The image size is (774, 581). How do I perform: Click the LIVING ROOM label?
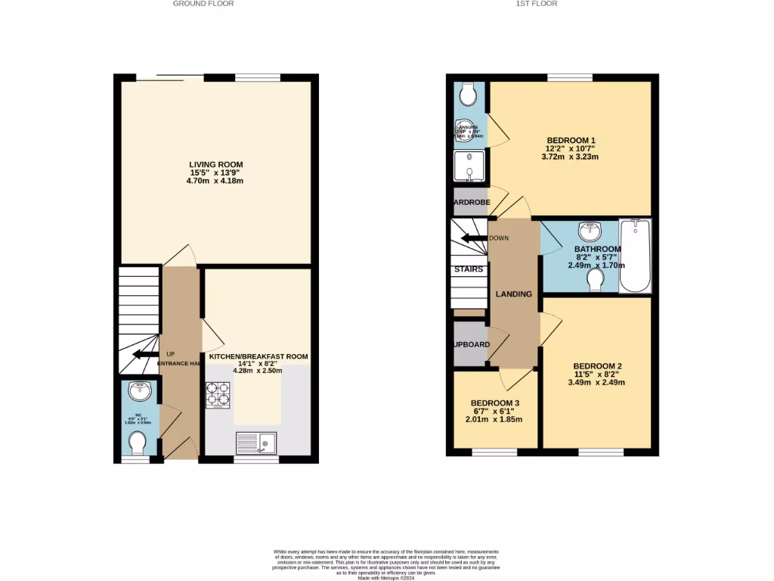click(x=216, y=164)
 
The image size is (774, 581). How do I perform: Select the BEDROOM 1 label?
click(x=571, y=140)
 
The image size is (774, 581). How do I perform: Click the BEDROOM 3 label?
click(x=495, y=402)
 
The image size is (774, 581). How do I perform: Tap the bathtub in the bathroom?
click(x=634, y=256)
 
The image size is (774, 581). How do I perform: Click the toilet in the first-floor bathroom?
click(x=596, y=280)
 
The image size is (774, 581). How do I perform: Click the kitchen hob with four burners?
click(x=218, y=396)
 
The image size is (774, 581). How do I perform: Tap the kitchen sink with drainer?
click(x=256, y=443)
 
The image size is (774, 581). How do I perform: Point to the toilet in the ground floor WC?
click(x=138, y=440)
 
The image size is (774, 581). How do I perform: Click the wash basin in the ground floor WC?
click(x=139, y=391)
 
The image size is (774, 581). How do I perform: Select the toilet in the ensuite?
click(x=468, y=95)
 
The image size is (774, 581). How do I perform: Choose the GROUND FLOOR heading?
click(x=203, y=4)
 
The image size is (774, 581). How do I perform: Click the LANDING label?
click(x=513, y=294)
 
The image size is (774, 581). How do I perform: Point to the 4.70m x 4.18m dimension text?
click(x=216, y=182)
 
